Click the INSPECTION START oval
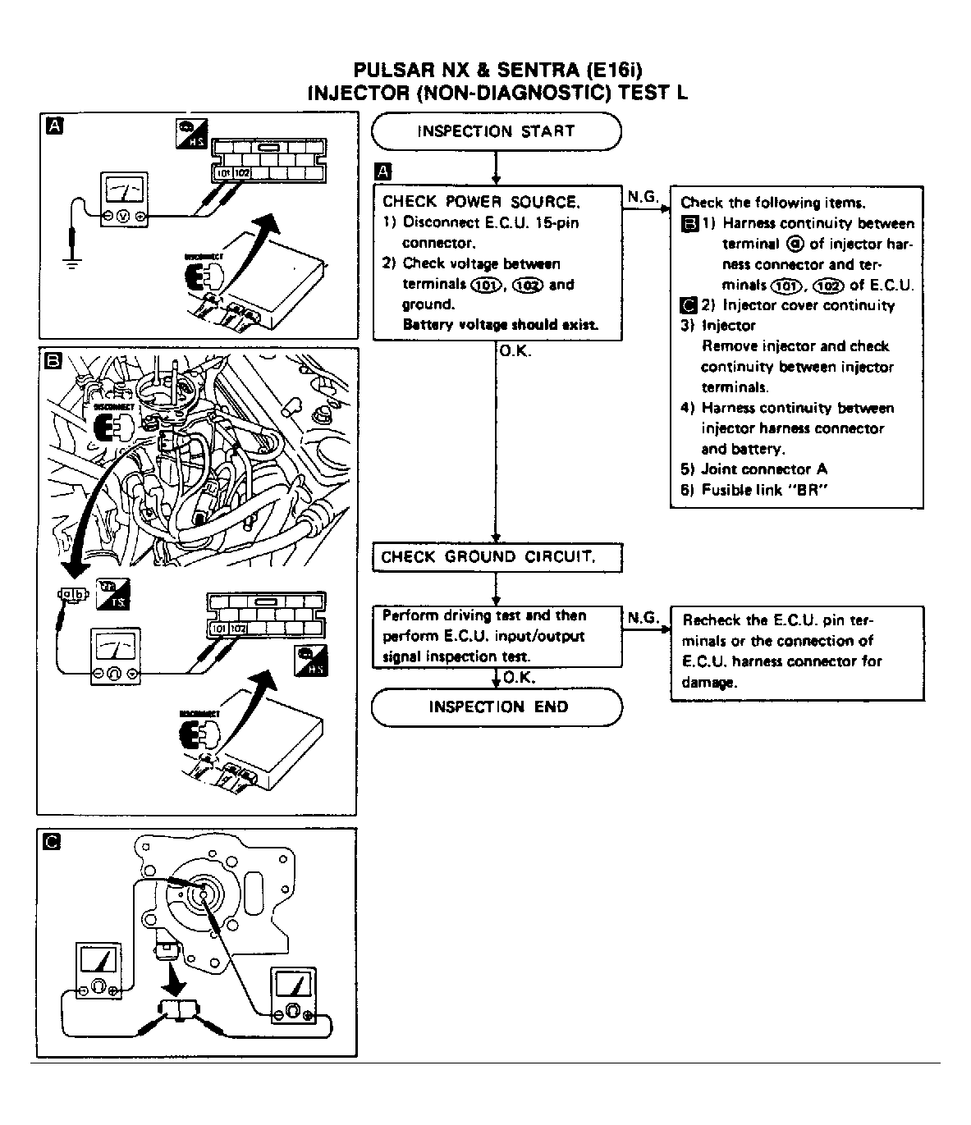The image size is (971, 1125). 496,131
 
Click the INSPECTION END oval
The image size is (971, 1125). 497,707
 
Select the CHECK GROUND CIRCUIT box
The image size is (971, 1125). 497,557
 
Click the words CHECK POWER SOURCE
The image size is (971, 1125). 481,202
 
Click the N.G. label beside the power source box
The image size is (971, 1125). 643,197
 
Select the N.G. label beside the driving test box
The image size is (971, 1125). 643,617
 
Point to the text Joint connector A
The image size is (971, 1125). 763,469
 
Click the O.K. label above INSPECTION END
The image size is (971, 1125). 518,678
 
